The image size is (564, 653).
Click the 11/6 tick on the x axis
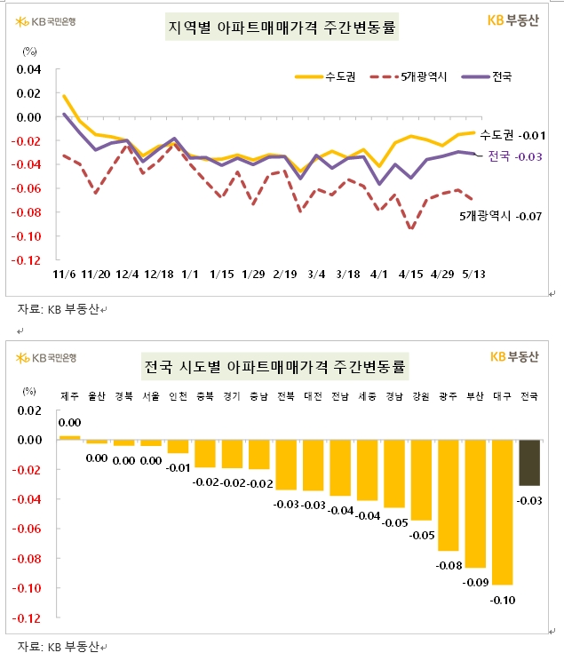coord(63,275)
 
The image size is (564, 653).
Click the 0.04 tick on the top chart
coord(29,69)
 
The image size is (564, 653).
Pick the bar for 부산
coord(475,504)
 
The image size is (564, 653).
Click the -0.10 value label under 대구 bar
coord(504,600)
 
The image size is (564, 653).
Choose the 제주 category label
coord(70,395)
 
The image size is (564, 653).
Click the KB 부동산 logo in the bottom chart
coord(514,356)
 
